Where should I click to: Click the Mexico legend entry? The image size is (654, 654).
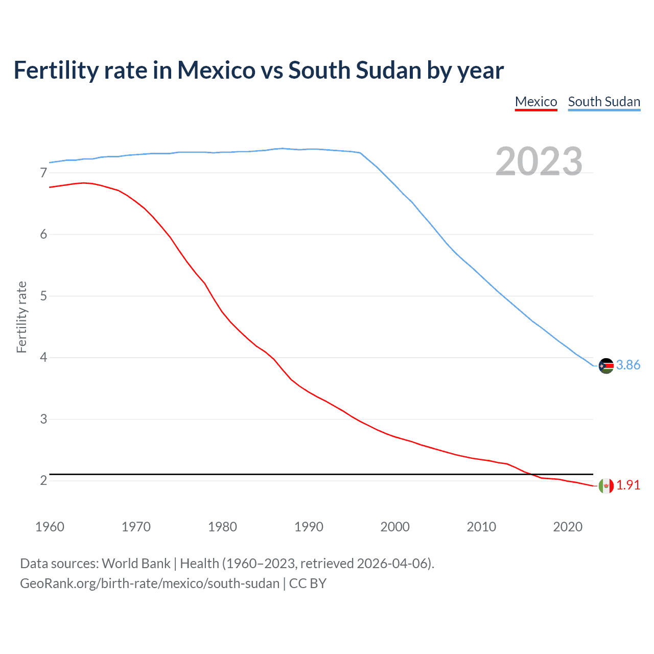point(535,102)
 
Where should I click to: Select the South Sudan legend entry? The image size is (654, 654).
point(604,102)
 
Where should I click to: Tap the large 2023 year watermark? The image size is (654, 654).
point(539,161)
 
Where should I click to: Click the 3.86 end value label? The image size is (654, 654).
point(628,365)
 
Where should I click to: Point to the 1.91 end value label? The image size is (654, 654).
point(628,485)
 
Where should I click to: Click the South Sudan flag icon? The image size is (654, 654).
point(606,366)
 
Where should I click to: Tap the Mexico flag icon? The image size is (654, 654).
point(606,485)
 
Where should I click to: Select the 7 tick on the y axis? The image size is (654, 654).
point(43,173)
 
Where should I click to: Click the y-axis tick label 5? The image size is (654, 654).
point(43,296)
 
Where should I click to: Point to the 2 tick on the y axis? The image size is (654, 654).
point(43,481)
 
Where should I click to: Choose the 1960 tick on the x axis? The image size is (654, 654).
point(50,527)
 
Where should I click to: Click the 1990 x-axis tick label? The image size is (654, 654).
point(309,527)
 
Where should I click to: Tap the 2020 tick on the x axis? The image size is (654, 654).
point(568,527)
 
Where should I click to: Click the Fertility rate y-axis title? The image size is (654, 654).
point(21,317)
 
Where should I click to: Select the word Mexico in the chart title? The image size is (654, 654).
point(216,71)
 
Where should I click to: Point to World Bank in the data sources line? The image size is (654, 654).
point(136,564)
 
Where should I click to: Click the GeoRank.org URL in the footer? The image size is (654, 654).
point(150,583)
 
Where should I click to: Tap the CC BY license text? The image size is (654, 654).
point(308,583)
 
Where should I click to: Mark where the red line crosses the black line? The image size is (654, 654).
point(530,474)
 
